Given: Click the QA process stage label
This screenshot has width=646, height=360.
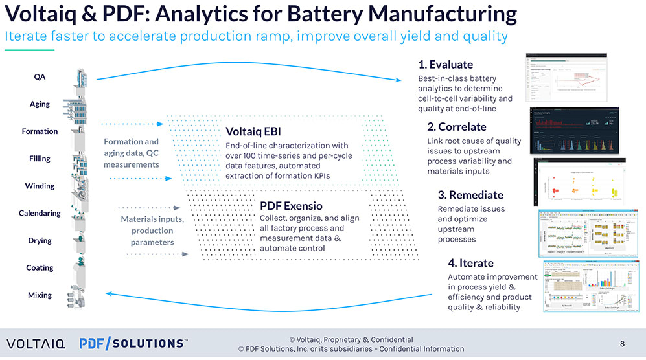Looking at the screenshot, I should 40,76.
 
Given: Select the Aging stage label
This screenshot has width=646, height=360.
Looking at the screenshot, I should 40,104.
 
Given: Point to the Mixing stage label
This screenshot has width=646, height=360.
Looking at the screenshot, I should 40,295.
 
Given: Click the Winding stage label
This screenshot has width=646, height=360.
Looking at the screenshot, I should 40,186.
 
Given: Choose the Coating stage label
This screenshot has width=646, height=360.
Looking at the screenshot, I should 40,268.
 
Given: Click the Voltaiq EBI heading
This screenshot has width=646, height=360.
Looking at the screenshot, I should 253,131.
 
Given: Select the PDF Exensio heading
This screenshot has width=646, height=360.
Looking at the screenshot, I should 291,206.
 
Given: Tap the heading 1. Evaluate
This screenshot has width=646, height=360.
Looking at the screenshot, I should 446,65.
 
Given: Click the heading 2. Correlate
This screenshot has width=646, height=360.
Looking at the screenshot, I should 457,126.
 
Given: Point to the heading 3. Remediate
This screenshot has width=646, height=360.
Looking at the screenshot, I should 470,195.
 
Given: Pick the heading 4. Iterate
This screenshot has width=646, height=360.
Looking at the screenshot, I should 470,263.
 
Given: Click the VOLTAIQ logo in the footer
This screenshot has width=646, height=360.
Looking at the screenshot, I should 36,343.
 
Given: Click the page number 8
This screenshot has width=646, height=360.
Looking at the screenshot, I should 622,343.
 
